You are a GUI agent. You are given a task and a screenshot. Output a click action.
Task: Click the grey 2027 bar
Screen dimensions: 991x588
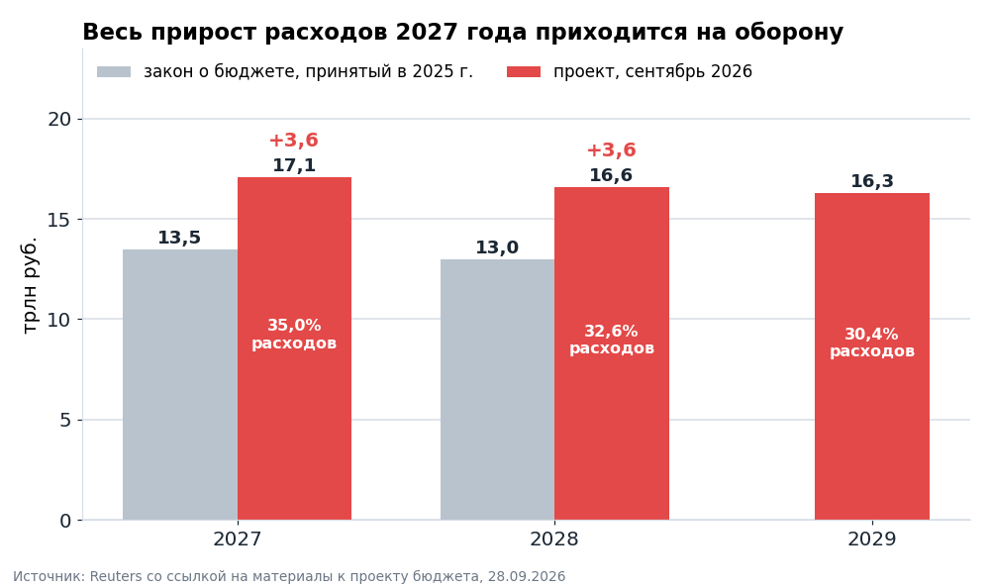pyautogui.click(x=180, y=384)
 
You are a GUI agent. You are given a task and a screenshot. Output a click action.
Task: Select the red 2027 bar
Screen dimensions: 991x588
pyautogui.click(x=294, y=348)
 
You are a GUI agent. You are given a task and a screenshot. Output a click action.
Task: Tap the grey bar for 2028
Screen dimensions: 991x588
pyautogui.click(x=497, y=389)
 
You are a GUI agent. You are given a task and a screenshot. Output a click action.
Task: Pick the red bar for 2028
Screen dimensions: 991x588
pyautogui.click(x=612, y=353)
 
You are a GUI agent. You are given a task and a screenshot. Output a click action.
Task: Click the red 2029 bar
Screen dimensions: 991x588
pyautogui.click(x=872, y=356)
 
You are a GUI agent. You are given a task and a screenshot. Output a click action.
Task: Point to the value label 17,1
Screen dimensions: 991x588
pyautogui.click(x=294, y=165)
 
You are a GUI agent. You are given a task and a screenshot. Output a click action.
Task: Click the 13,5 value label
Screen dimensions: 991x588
pyautogui.click(x=179, y=238)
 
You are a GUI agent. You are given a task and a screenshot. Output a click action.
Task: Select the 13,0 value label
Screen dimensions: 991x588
pyautogui.click(x=497, y=247)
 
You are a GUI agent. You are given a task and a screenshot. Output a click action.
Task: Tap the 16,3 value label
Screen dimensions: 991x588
pyautogui.click(x=872, y=181)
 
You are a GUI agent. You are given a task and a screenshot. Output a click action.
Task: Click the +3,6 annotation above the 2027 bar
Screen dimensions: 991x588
pyautogui.click(x=294, y=141)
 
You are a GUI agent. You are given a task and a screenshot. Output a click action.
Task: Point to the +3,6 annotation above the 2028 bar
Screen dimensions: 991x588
pyautogui.click(x=611, y=150)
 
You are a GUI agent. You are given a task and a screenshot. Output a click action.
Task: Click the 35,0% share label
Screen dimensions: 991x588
pyautogui.click(x=294, y=326)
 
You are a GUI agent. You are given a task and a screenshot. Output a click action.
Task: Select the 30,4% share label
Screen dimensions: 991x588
pyautogui.click(x=871, y=335)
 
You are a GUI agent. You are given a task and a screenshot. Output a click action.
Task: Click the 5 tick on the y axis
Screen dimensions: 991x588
pyautogui.click(x=65, y=420)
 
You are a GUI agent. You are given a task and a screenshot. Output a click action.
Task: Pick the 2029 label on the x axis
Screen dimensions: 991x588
pyautogui.click(x=872, y=539)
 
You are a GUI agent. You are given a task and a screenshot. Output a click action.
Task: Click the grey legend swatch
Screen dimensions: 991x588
pyautogui.click(x=114, y=72)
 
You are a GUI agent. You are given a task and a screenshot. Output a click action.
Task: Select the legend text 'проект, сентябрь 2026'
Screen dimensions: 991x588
pyautogui.click(x=652, y=71)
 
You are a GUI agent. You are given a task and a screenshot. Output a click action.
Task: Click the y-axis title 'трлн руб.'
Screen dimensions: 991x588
pyautogui.click(x=30, y=285)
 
